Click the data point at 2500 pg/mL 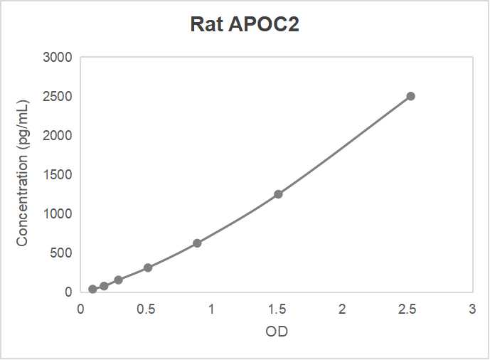(x=410, y=96)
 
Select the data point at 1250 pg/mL (x=278, y=194)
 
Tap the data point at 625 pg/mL (x=197, y=243)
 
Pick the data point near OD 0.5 (x=148, y=268)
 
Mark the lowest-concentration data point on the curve (x=92, y=289)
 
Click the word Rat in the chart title (x=208, y=24)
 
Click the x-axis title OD (x=277, y=332)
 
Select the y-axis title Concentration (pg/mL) (x=22, y=174)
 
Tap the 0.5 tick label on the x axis (x=146, y=309)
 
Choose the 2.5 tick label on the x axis (x=407, y=309)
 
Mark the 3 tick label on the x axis (x=472, y=309)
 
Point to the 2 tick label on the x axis (x=342, y=309)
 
